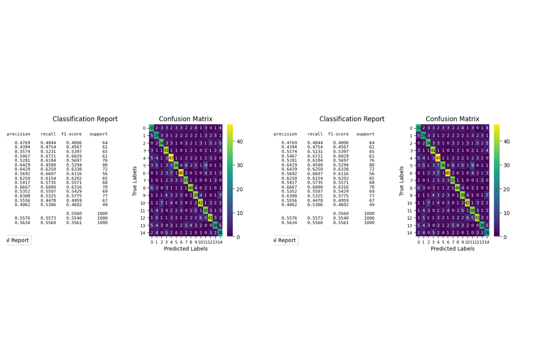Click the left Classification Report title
[x=85, y=119]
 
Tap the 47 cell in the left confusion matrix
[x=171, y=158]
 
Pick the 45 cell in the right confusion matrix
[x=448, y=173]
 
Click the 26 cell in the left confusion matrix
[x=220, y=233]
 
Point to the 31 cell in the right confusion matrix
[x=418, y=128]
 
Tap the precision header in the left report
[x=18, y=134]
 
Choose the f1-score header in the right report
[x=338, y=134]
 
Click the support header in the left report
[x=99, y=134]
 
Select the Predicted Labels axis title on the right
[x=452, y=249]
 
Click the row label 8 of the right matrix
[x=411, y=188]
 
